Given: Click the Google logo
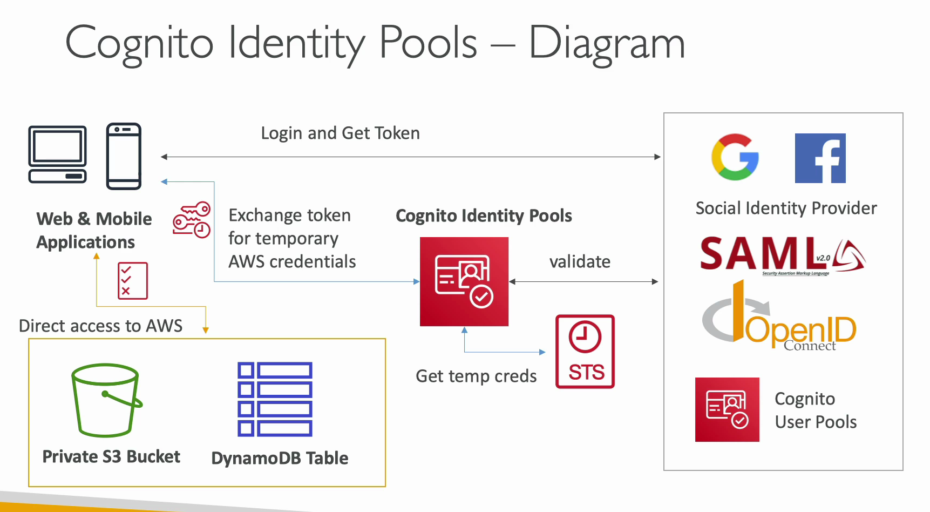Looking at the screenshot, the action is [x=735, y=157].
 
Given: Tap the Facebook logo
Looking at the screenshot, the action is [x=820, y=158].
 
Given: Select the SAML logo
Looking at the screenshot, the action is [x=783, y=255].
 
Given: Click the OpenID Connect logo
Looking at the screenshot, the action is [x=779, y=316].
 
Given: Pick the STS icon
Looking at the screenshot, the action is [x=585, y=352].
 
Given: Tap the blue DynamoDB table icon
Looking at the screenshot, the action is [x=275, y=399].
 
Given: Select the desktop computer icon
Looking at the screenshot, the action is [x=58, y=154].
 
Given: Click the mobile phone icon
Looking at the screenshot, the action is [x=124, y=156].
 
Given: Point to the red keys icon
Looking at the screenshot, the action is [x=192, y=220].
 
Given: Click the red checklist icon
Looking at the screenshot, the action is [x=133, y=281].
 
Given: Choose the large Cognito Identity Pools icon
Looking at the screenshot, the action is [x=464, y=281].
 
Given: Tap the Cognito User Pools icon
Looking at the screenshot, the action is [x=727, y=409].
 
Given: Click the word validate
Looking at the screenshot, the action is [x=580, y=261].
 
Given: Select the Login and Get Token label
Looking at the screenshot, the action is [x=340, y=133].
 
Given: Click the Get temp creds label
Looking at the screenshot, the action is [x=476, y=376].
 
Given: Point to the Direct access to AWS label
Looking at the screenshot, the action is [x=101, y=326].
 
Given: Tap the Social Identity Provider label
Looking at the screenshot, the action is [x=786, y=208].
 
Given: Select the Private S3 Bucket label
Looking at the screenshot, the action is [x=111, y=456].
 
